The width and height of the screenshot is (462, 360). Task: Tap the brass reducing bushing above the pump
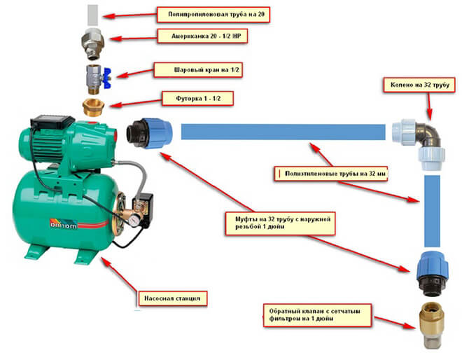click(x=93, y=106)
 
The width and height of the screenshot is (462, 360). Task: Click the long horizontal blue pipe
click(x=283, y=132)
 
